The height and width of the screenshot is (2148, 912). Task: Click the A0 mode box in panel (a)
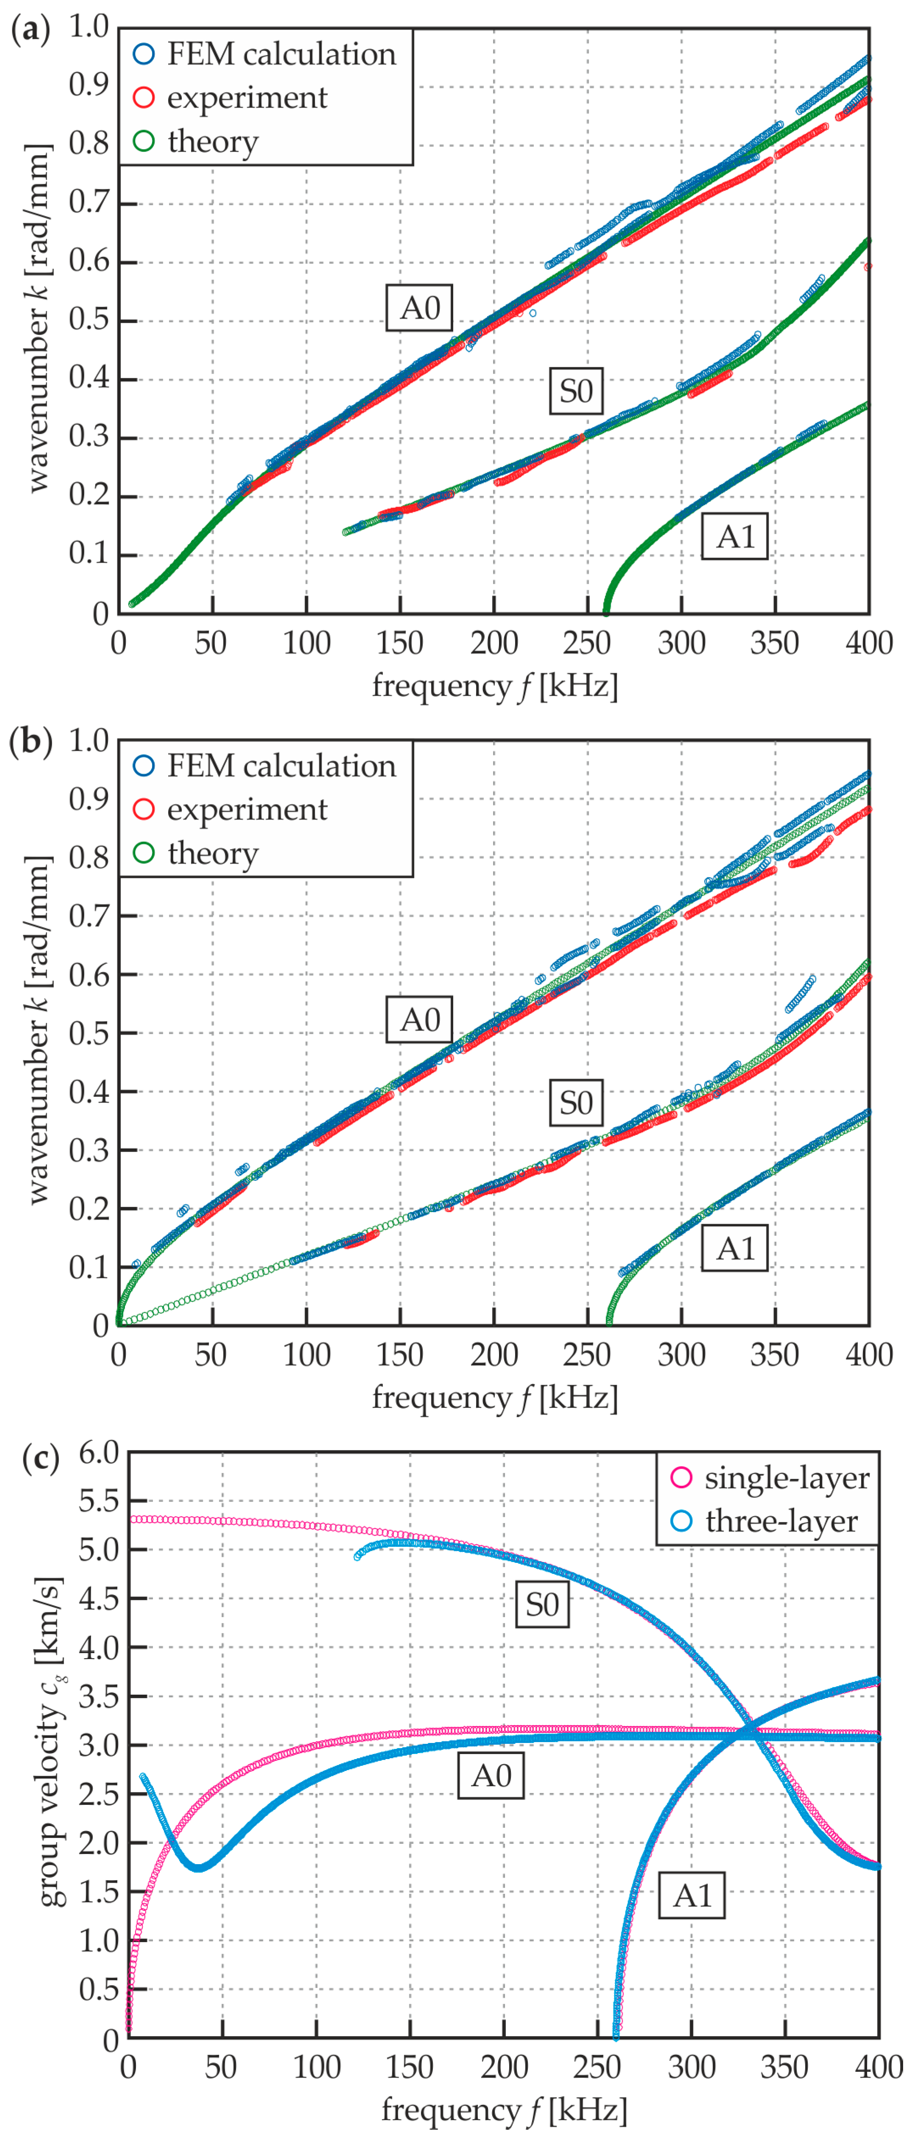419,308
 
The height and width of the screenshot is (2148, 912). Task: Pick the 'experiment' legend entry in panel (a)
247,97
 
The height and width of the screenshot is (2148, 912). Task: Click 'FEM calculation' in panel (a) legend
281,54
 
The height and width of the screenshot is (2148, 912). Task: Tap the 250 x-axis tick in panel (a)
587,643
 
